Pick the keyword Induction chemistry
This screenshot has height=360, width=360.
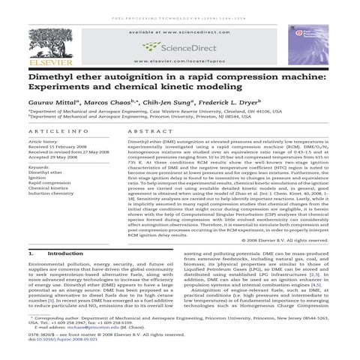(x=51, y=193)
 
